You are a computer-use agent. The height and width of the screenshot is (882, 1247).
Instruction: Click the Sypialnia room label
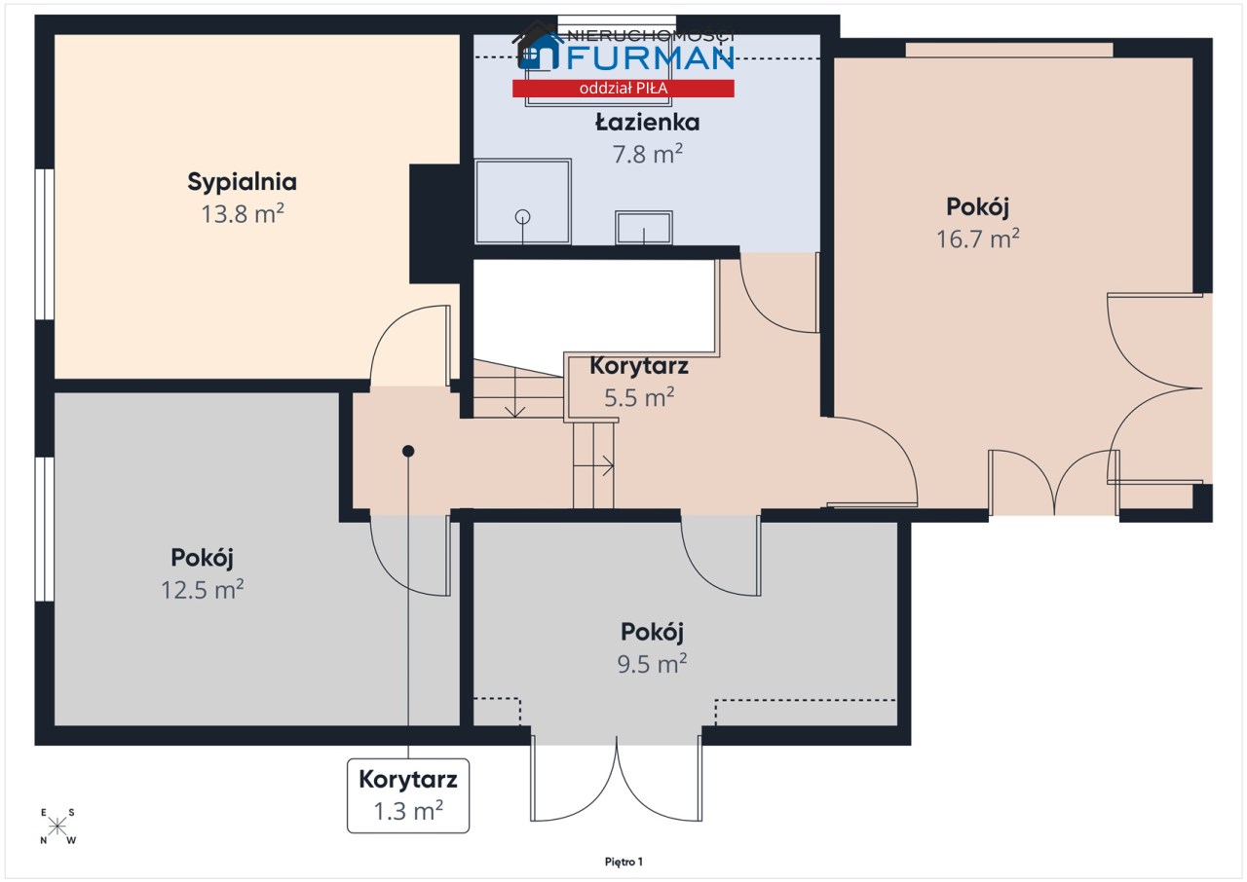click(x=243, y=182)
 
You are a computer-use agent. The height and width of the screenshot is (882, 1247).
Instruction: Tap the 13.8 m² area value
click(x=243, y=213)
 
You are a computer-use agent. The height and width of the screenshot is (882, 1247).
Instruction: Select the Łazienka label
click(x=648, y=123)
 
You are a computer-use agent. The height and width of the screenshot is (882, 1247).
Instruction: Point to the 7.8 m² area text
click(x=648, y=154)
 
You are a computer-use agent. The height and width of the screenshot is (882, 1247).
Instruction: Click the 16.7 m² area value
click(x=977, y=239)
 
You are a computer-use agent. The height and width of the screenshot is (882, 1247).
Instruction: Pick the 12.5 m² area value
click(x=202, y=590)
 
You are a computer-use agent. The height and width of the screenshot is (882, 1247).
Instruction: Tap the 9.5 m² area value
click(x=652, y=663)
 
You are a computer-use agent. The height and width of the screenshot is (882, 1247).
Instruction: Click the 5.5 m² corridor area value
click(x=639, y=397)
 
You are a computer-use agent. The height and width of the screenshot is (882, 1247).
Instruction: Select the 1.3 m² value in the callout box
click(x=408, y=811)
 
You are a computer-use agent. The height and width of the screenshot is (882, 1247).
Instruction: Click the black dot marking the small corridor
click(x=408, y=451)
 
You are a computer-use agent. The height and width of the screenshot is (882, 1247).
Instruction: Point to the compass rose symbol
click(x=57, y=827)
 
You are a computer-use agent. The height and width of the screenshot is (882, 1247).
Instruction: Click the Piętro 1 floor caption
click(x=623, y=862)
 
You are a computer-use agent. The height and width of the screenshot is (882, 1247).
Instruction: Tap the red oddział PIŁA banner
click(x=623, y=89)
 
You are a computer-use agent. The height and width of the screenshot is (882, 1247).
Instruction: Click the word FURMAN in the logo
click(x=650, y=57)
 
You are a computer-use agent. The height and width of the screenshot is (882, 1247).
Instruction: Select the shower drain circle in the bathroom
click(x=522, y=217)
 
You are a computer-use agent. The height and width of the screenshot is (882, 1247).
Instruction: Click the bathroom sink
click(x=644, y=228)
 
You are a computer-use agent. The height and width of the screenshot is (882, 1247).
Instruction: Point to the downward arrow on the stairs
click(x=515, y=392)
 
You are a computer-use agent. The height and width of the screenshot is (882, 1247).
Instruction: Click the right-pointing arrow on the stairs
click(x=593, y=466)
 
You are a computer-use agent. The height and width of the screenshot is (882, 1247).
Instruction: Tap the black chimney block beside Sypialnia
click(x=435, y=224)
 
